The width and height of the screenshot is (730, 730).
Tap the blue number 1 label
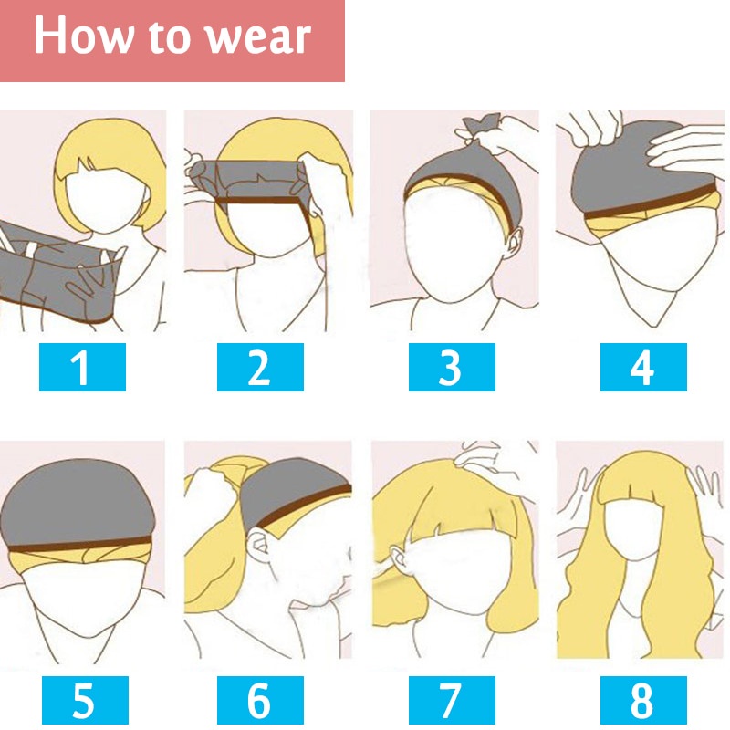click(82, 368)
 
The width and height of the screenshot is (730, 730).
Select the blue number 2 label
click(259, 368)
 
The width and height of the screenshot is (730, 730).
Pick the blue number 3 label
click(451, 368)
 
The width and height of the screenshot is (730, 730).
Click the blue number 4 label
click(642, 368)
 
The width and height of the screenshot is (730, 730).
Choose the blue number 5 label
click(82, 701)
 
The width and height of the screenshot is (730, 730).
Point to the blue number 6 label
click(259, 701)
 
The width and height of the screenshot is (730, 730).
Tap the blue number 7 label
click(451, 701)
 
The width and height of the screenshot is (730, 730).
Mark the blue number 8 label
click(642, 701)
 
